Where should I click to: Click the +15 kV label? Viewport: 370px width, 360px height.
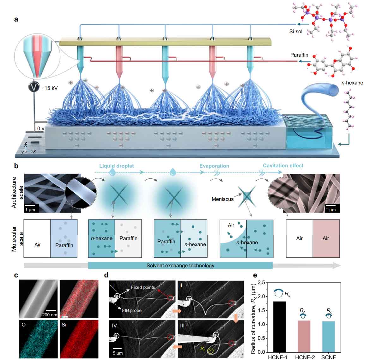pos(49,88)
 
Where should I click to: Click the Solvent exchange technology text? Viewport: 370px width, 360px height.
pos(180,265)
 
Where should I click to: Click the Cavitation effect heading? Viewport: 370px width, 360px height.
pos(283,165)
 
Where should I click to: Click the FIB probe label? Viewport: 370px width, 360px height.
pos(131,310)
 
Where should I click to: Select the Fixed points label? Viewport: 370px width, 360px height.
pos(143,287)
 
